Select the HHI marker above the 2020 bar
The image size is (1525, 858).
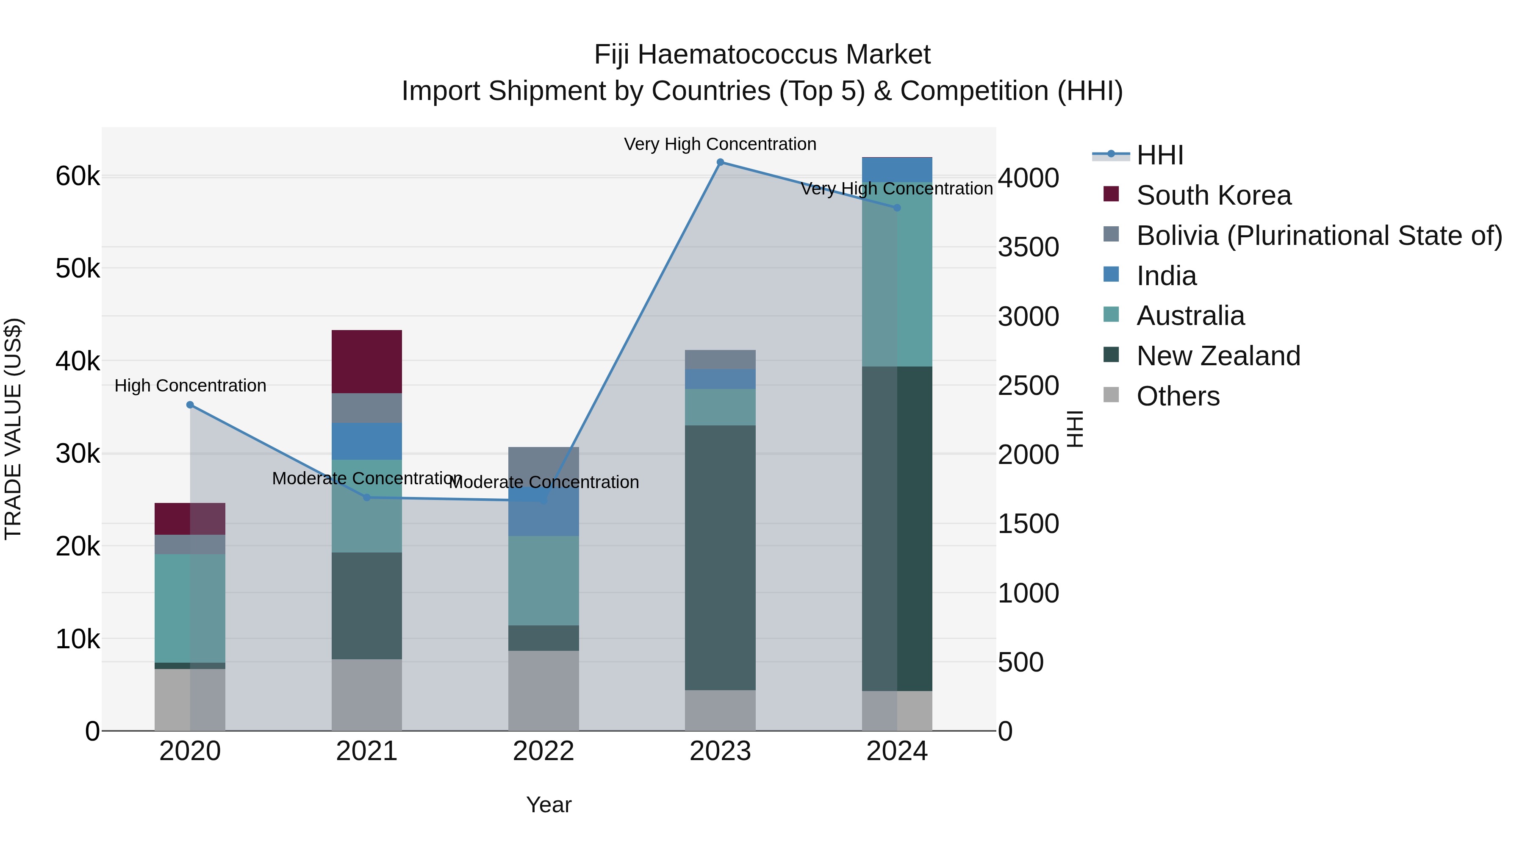(x=190, y=405)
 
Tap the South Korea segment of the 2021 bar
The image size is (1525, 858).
(x=366, y=361)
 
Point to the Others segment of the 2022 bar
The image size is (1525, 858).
(x=543, y=691)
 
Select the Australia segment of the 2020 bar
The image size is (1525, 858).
(x=190, y=608)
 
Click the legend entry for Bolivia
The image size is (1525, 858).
(x=1319, y=236)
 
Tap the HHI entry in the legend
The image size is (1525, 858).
(x=1159, y=155)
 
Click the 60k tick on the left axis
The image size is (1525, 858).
(x=78, y=176)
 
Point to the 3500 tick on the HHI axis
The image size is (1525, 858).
(x=1028, y=247)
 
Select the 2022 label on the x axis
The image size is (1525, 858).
(x=543, y=751)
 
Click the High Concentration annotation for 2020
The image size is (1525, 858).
(x=190, y=386)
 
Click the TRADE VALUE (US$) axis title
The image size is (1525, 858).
(x=13, y=429)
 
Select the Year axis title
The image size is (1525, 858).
(x=549, y=805)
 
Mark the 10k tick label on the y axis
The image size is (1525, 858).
(x=78, y=639)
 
